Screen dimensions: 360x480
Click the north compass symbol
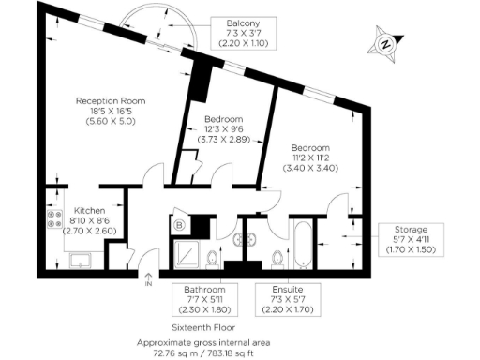pos(383,42)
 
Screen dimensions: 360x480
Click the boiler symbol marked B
pos(178,225)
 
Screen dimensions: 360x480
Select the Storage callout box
pos(410,241)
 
